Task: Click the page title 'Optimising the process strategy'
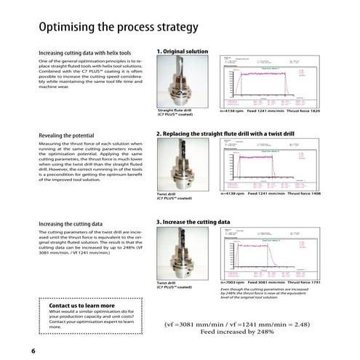[x=119, y=28]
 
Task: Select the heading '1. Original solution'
[x=188, y=52]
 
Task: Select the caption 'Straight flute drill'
[x=174, y=111]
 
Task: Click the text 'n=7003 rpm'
[x=232, y=280]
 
